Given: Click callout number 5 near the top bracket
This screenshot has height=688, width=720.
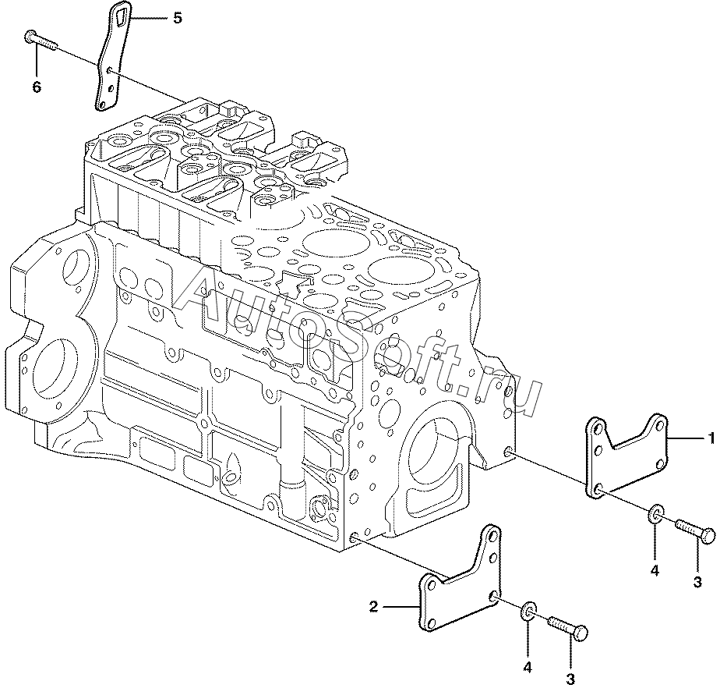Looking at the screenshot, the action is (x=178, y=18).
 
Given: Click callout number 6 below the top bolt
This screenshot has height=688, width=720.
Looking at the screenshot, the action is (x=37, y=87).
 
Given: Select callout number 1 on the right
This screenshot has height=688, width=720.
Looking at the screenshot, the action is (x=711, y=438).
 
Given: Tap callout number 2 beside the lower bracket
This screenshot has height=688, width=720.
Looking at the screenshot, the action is (x=374, y=607).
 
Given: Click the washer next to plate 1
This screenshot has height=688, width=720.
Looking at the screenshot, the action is (x=655, y=514).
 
